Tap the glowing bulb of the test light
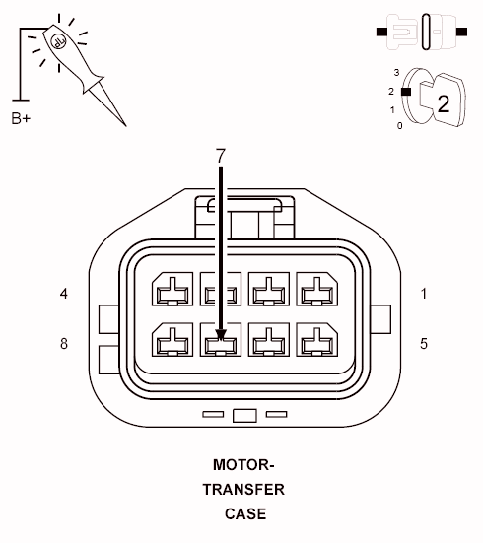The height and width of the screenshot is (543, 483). [57, 42]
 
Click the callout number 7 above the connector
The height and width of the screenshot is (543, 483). [221, 156]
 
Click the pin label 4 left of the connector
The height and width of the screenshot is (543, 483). [64, 294]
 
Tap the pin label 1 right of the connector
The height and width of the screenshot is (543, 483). [424, 294]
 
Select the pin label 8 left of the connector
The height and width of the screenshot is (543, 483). [64, 344]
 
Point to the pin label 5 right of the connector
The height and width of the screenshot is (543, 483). [424, 344]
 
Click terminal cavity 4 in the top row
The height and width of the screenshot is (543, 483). [172, 293]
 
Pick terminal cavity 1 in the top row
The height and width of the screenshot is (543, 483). [315, 293]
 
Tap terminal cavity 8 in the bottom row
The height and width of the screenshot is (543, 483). [172, 342]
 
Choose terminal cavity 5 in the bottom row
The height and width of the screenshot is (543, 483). [315, 342]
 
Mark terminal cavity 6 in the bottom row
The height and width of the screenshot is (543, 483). [268, 342]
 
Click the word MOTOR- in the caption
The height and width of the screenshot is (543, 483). [243, 464]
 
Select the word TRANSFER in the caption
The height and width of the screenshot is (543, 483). [243, 489]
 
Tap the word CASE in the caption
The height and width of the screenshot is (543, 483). [243, 513]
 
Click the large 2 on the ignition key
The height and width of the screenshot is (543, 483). [444, 102]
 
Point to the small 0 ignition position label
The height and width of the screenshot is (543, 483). [398, 125]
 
